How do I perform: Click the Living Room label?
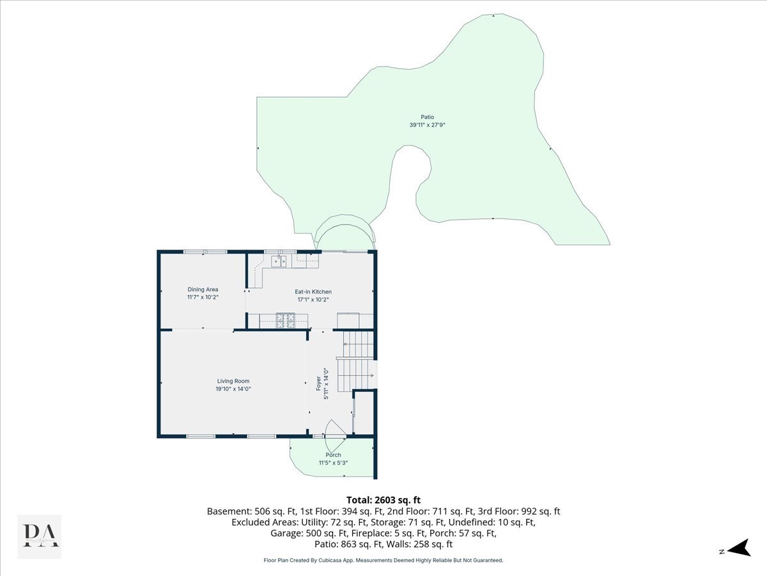pyautogui.click(x=233, y=381)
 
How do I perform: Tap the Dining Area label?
pyautogui.click(x=203, y=290)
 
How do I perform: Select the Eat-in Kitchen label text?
pyautogui.click(x=313, y=292)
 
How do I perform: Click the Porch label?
pyautogui.click(x=333, y=455)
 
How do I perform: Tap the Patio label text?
pyautogui.click(x=427, y=117)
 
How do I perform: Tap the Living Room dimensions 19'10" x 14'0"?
pyautogui.click(x=233, y=389)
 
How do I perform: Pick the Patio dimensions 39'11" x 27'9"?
pyautogui.click(x=427, y=125)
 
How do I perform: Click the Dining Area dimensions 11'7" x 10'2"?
pyautogui.click(x=203, y=298)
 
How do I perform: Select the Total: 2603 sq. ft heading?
pyautogui.click(x=383, y=500)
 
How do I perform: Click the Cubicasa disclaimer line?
pyautogui.click(x=383, y=560)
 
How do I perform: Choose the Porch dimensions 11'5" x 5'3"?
pyautogui.click(x=333, y=463)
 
